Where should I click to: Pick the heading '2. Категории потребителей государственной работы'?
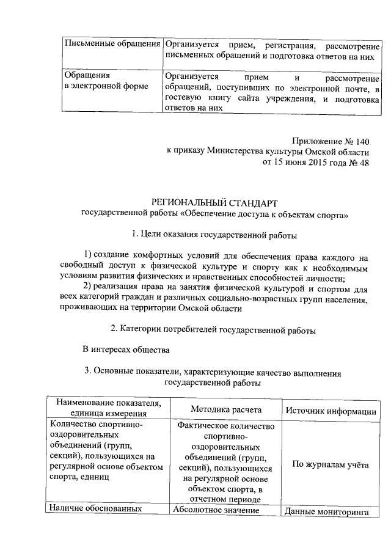(x=213, y=330)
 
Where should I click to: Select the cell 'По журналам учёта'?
(x=331, y=465)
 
